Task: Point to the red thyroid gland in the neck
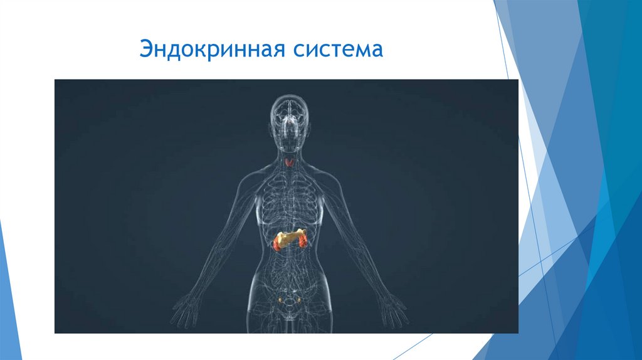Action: coord(289,163)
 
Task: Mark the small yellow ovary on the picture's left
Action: coord(280,300)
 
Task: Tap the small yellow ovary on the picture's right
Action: coord(298,300)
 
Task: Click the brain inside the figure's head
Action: coord(289,113)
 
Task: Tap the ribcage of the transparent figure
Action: coord(289,201)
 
